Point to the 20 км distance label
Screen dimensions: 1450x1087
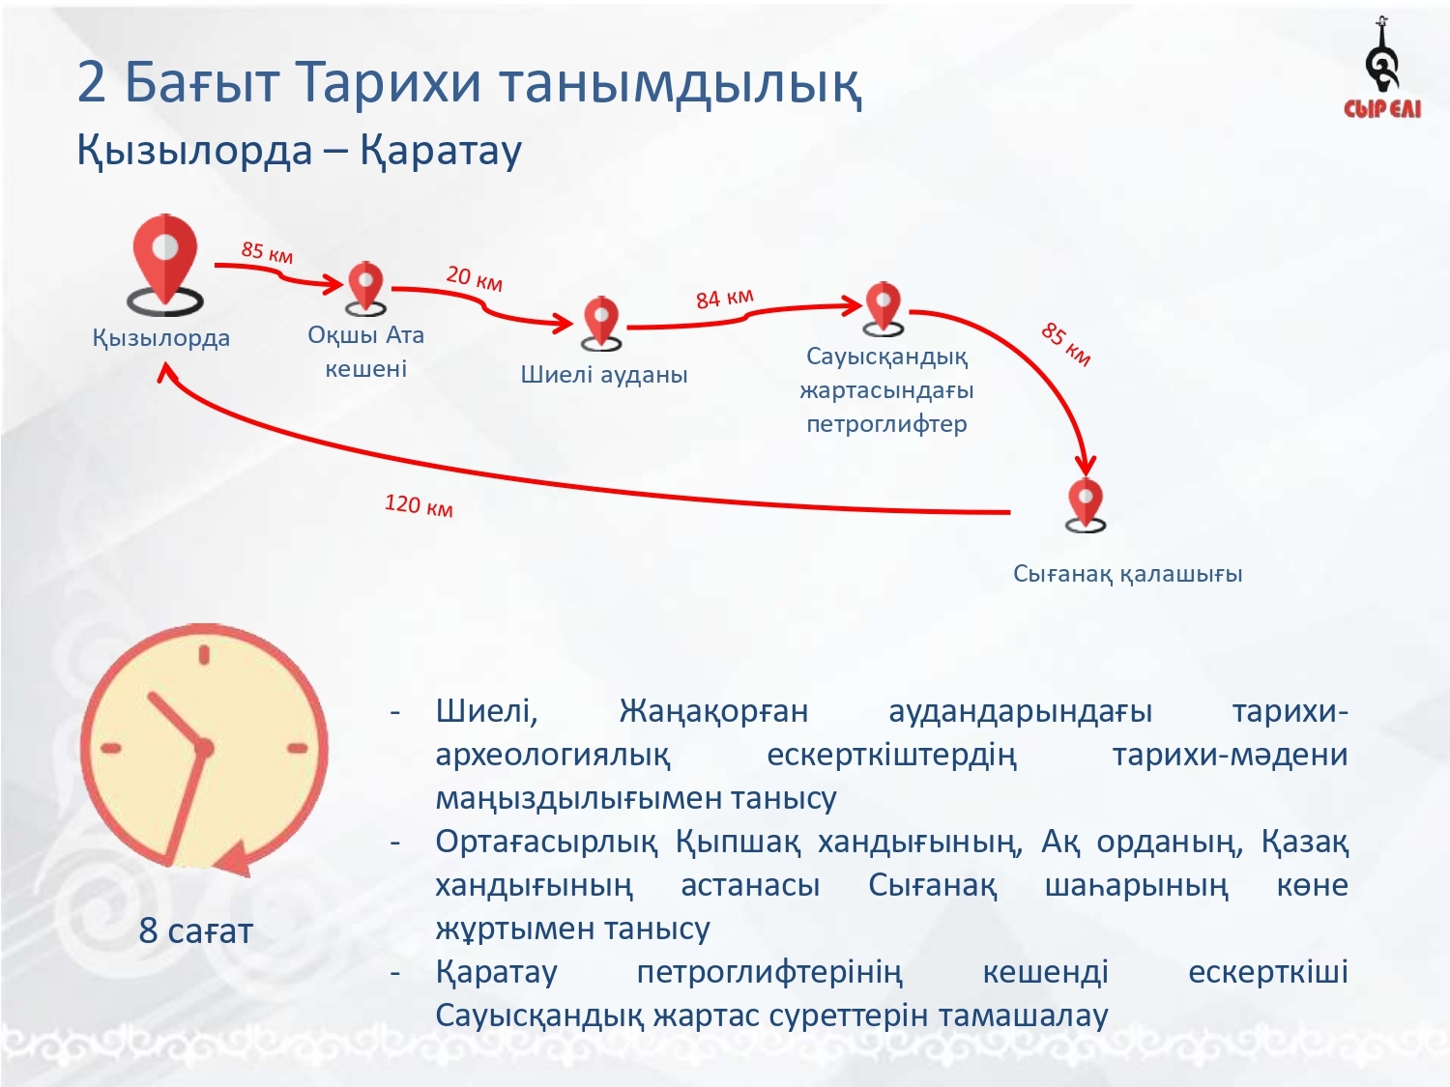point(475,278)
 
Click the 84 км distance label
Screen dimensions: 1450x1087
point(725,299)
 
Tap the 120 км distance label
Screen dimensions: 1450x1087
point(419,505)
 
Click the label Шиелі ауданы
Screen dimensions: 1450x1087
point(604,374)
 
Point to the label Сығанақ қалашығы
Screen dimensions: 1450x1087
point(1128,574)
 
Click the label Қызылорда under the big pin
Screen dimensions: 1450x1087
point(161,338)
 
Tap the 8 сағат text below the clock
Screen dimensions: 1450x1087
point(196,931)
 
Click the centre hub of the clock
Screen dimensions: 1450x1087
point(203,748)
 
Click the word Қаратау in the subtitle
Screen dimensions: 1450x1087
point(441,151)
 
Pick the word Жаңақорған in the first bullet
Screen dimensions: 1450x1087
point(713,712)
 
